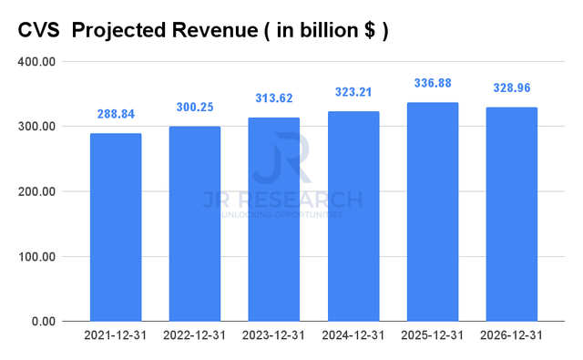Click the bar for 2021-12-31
(x=116, y=227)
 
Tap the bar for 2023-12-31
(x=274, y=219)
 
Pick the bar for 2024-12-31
(x=353, y=216)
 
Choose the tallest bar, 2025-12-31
(x=433, y=211)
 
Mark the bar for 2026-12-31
(x=512, y=214)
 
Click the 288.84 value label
(x=116, y=116)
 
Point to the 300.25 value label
(x=195, y=108)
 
